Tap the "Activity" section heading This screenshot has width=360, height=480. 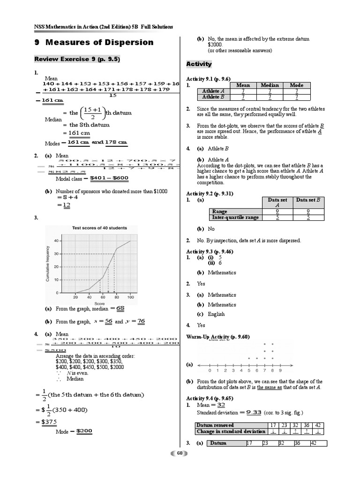(199, 64)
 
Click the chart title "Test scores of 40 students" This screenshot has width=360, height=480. (99, 228)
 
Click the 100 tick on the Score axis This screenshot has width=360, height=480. (130, 298)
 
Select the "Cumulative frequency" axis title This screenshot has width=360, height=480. (48, 264)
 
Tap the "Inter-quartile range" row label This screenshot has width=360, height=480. (235, 217)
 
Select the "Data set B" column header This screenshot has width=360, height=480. (308, 200)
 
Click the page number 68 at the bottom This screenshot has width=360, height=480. (180, 453)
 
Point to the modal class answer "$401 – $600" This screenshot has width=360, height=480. (109, 178)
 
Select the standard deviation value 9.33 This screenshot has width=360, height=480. (253, 412)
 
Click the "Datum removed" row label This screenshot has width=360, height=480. (215, 425)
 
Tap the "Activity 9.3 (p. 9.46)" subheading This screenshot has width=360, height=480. (210, 252)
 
